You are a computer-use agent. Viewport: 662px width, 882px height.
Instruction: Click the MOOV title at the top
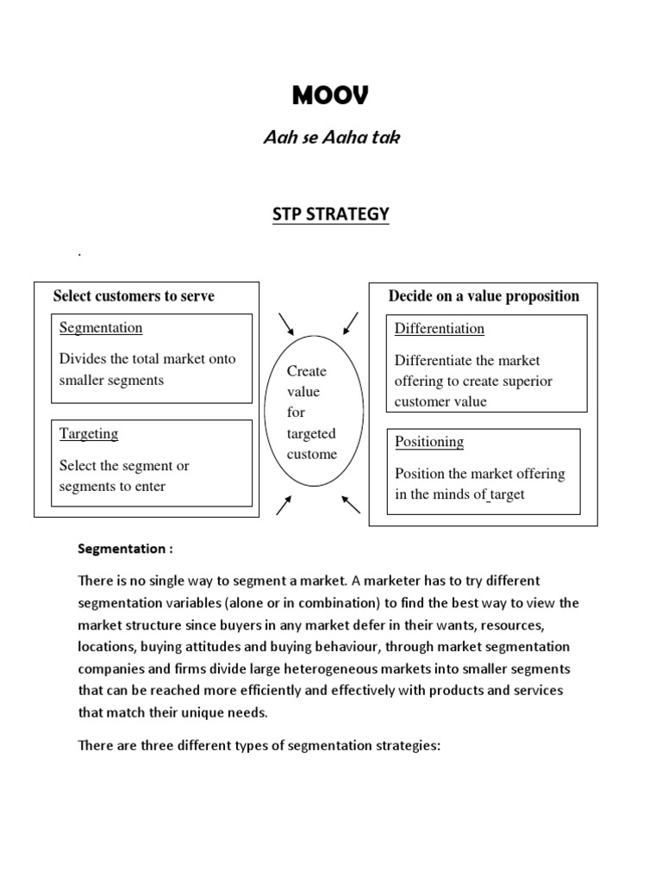pos(330,96)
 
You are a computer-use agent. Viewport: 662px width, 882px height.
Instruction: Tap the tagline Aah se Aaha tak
pos(331,138)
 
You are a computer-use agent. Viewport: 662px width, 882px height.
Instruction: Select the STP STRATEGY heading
pos(331,214)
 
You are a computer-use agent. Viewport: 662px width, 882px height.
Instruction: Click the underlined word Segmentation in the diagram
pos(101,328)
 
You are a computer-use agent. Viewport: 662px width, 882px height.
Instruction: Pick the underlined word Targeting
pos(89,434)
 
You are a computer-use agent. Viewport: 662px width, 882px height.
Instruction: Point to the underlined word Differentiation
pos(440,329)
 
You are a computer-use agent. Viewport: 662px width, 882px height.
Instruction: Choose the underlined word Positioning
pos(429,442)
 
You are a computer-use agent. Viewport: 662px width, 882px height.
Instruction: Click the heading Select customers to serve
pos(134,296)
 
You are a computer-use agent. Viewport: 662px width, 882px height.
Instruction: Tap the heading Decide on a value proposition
pos(484,296)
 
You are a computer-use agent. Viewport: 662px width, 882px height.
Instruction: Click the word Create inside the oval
pos(307,371)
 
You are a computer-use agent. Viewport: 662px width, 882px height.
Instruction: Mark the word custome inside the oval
pos(312,454)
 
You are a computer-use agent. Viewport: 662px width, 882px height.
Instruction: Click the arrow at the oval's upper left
pos(286,324)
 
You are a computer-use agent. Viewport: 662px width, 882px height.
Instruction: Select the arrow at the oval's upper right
pos(350,324)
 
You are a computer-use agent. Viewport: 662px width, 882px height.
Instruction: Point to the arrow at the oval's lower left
pos(284,506)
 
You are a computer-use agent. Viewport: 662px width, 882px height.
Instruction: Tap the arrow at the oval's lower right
pos(351,504)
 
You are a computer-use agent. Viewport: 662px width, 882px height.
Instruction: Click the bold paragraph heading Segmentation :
pos(125,549)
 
